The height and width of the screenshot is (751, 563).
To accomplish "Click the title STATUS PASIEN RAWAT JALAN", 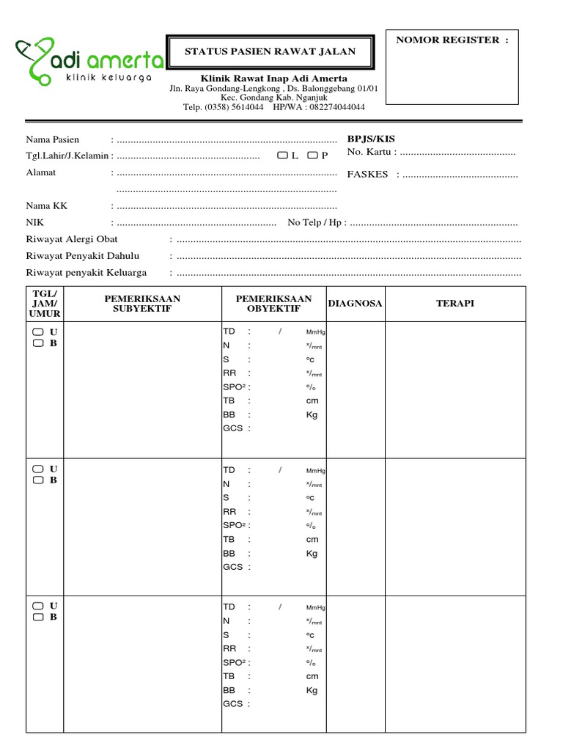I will click(x=270, y=51).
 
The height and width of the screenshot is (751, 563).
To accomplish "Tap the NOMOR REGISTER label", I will click(x=452, y=40).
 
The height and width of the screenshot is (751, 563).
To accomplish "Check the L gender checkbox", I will click(x=283, y=155).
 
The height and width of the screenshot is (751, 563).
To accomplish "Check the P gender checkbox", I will click(x=312, y=155).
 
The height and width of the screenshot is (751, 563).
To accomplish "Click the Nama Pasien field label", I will click(x=53, y=139).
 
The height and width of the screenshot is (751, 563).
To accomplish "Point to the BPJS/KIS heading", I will click(x=371, y=139).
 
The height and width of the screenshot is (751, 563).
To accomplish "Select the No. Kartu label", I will click(x=372, y=152).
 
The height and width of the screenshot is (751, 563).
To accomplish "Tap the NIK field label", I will click(x=34, y=222).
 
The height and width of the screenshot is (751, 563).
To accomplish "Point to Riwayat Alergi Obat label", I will click(x=72, y=239).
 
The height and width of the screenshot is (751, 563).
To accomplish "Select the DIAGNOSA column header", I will click(x=355, y=303).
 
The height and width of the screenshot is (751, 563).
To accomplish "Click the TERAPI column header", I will click(x=455, y=303).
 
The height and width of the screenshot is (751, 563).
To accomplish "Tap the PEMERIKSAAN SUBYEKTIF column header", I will click(x=142, y=304).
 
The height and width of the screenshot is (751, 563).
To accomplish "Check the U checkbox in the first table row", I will click(x=37, y=332).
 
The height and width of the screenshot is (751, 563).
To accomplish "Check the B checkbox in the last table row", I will click(x=37, y=617).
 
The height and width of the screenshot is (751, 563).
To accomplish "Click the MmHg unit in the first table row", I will click(x=315, y=332).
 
